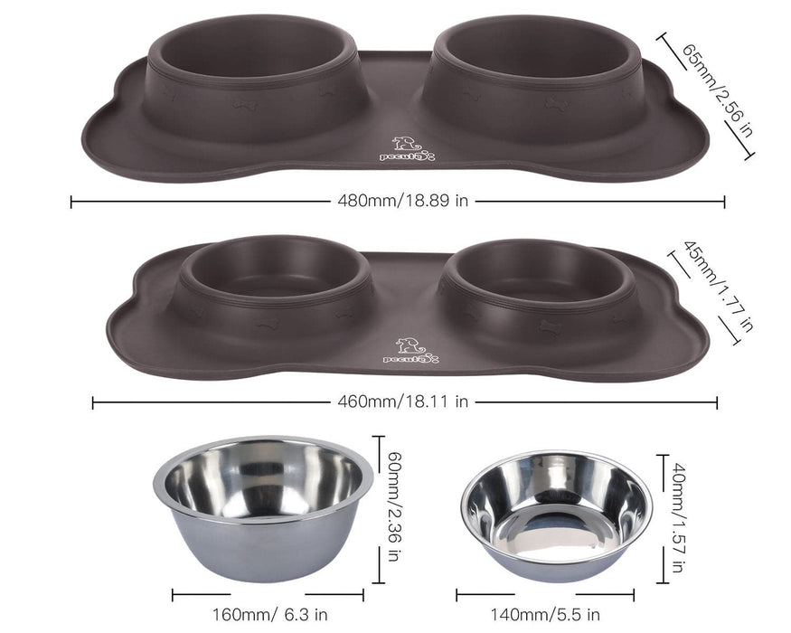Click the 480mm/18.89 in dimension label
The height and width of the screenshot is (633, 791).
pos(402,201)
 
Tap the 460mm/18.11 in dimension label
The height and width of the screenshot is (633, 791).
pos(402,402)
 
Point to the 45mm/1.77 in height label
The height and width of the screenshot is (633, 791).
pos(719,287)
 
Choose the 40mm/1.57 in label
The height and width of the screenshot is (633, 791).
pos(679,518)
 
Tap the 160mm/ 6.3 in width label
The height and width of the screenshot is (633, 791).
pos(270,615)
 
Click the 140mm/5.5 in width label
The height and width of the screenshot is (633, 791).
pos(545,615)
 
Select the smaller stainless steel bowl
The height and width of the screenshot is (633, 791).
pos(556,515)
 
